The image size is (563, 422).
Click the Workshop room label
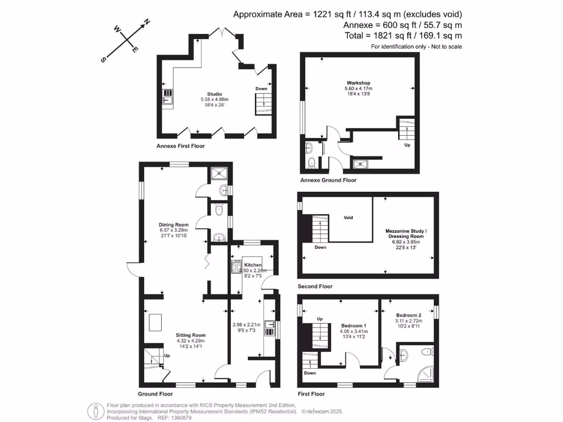pyautogui.click(x=358, y=82)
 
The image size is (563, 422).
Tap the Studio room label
pyautogui.click(x=210, y=94)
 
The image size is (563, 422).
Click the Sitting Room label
pyautogui.click(x=190, y=335)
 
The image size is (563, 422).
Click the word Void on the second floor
pyautogui.click(x=348, y=218)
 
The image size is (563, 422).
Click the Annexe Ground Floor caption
pyautogui.click(x=328, y=180)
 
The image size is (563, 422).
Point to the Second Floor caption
pyautogui.click(x=315, y=286)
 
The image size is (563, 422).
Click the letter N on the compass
pyautogui.click(x=147, y=23)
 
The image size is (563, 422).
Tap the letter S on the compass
pyautogui.click(x=103, y=60)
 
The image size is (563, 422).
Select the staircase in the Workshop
pyautogui.click(x=405, y=130)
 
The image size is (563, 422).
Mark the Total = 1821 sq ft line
pyautogui.click(x=402, y=36)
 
